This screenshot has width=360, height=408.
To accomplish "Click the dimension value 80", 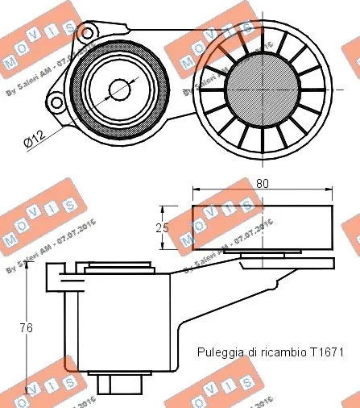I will pyautogui.click(x=261, y=184).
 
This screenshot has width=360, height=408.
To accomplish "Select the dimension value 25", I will pyautogui.click(x=162, y=228).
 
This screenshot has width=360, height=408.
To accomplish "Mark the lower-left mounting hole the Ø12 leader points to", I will pyautogui.click(x=56, y=102).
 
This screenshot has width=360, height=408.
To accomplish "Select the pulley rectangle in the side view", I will pyautogui.click(x=261, y=228).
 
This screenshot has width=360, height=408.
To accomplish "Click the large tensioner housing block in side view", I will pyautogui.click(x=121, y=323).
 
